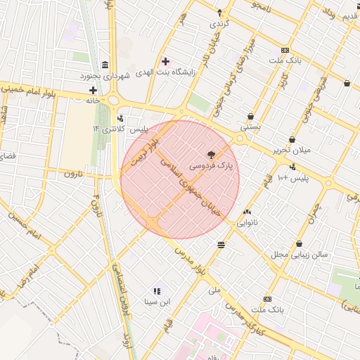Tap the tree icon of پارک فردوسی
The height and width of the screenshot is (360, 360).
click(x=210, y=154)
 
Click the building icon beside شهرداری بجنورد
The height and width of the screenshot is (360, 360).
click(x=105, y=65)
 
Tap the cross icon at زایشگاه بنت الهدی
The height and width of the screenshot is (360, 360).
click(x=165, y=62)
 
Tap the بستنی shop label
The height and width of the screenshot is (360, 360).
click(x=250, y=128)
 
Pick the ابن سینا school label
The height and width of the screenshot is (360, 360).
click(x=157, y=302)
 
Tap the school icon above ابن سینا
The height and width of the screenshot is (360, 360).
click(x=157, y=290)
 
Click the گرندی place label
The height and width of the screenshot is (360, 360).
click(x=219, y=23)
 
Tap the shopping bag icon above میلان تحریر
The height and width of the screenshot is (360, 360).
click(x=292, y=139)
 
